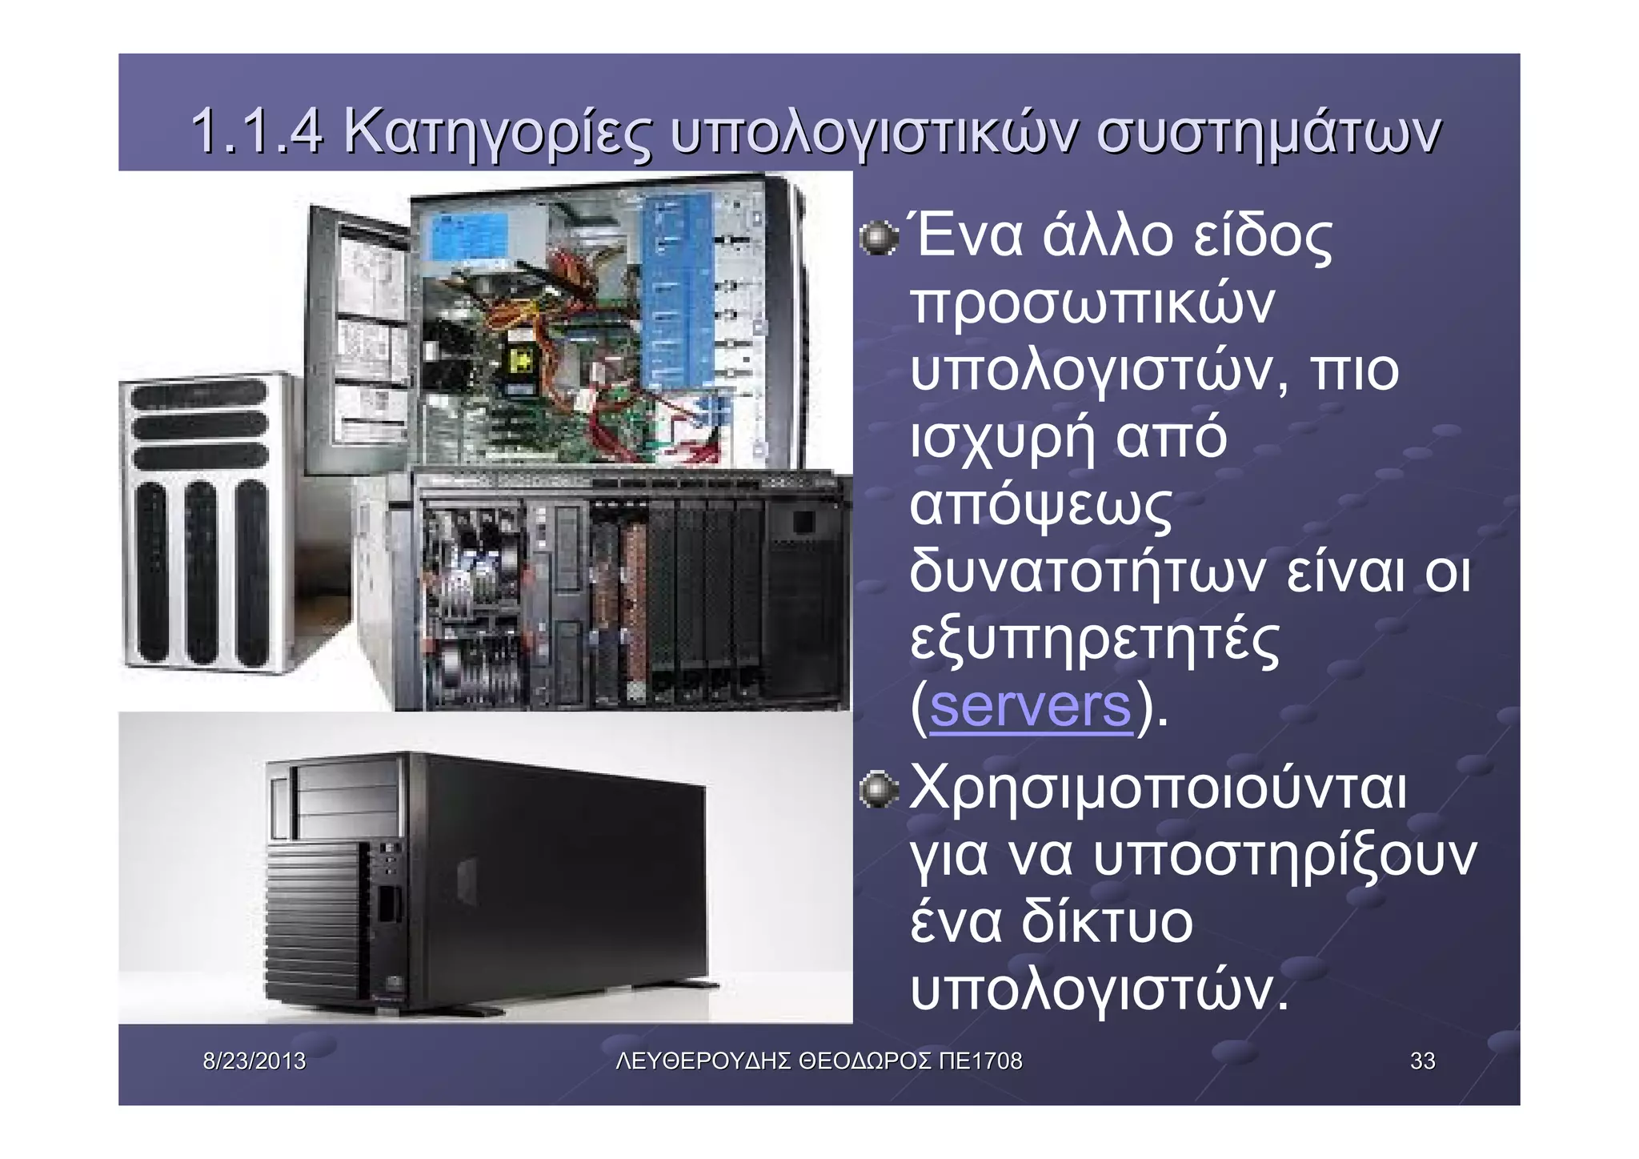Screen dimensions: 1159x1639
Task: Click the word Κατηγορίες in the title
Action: pyautogui.click(x=496, y=133)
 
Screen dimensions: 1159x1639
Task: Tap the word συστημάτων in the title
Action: pyautogui.click(x=1268, y=133)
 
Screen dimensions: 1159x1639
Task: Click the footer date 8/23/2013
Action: pyautogui.click(x=254, y=1061)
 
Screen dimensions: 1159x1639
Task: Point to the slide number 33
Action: pyautogui.click(x=1422, y=1061)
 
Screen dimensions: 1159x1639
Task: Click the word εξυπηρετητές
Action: pyautogui.click(x=1094, y=641)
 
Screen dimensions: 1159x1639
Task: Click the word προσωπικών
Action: pyautogui.click(x=1092, y=305)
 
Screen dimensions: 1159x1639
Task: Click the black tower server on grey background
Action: pyautogui.click(x=488, y=880)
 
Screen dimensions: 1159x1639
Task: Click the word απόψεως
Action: pyautogui.click(x=1040, y=507)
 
